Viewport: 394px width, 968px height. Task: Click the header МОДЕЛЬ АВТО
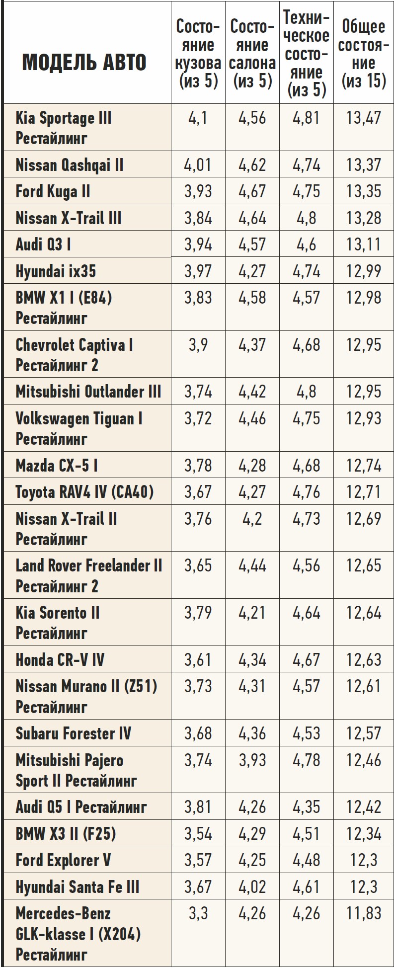(x=84, y=63)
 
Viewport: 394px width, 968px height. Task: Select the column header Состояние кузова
(x=198, y=54)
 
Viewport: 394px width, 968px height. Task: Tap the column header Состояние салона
(x=252, y=54)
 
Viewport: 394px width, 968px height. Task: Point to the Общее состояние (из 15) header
(x=364, y=54)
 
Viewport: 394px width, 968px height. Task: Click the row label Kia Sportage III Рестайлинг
(x=64, y=128)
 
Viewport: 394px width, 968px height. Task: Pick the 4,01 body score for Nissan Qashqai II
(x=198, y=165)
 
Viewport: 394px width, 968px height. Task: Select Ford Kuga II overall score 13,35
(x=364, y=192)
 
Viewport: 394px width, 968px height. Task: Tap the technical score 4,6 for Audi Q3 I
(x=307, y=244)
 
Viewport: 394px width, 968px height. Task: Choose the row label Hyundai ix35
(x=56, y=271)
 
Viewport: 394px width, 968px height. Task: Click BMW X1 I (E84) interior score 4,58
(x=252, y=298)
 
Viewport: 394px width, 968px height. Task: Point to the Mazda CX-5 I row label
(x=57, y=466)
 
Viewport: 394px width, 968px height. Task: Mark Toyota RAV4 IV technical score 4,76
(x=307, y=492)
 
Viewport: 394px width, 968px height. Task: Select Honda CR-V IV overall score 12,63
(x=364, y=660)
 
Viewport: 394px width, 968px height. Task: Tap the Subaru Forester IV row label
(x=73, y=733)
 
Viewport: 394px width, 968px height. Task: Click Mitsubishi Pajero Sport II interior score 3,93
(x=252, y=760)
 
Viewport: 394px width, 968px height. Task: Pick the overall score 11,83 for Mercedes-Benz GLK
(x=364, y=913)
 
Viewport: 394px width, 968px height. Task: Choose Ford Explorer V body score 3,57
(x=198, y=860)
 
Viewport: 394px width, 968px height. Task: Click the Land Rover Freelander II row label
(x=88, y=575)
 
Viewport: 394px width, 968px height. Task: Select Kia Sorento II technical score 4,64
(x=307, y=613)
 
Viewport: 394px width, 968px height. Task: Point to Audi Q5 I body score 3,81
(x=198, y=807)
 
